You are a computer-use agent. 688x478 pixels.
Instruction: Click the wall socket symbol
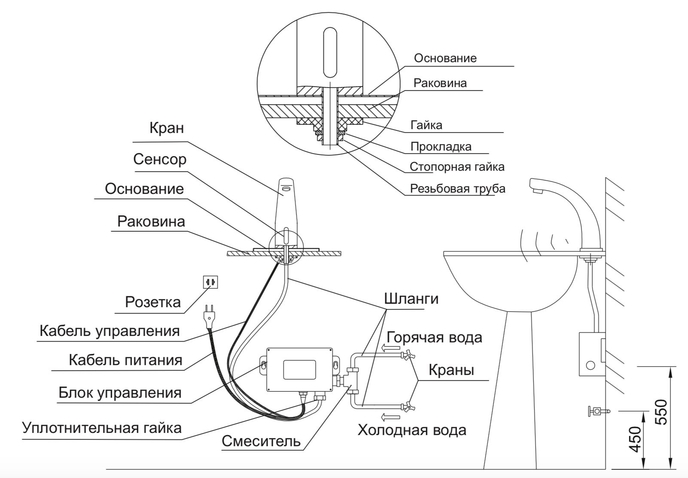(x=210, y=282)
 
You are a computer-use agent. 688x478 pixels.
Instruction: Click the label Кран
(x=167, y=128)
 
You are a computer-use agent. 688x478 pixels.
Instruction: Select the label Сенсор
(x=160, y=159)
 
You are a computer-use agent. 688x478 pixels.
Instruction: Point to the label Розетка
(x=152, y=302)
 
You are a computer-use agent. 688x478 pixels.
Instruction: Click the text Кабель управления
(x=110, y=331)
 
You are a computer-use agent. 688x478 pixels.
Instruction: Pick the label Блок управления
(x=120, y=393)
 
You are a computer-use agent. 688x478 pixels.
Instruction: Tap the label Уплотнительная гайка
(x=102, y=428)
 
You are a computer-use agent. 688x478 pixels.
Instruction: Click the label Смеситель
(x=261, y=441)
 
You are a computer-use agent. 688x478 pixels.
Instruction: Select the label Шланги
(x=411, y=299)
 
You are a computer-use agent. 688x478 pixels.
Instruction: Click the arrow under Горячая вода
(x=391, y=348)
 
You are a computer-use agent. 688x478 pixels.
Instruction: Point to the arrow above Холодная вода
(x=391, y=417)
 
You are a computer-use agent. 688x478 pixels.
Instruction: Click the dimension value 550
(x=661, y=412)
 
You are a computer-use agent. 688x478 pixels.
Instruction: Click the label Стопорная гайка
(x=457, y=166)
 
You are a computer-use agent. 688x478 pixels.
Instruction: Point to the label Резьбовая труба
(x=458, y=188)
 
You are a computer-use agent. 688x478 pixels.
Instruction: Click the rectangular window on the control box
(x=299, y=370)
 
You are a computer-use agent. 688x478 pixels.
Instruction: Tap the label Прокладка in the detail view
(x=441, y=147)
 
